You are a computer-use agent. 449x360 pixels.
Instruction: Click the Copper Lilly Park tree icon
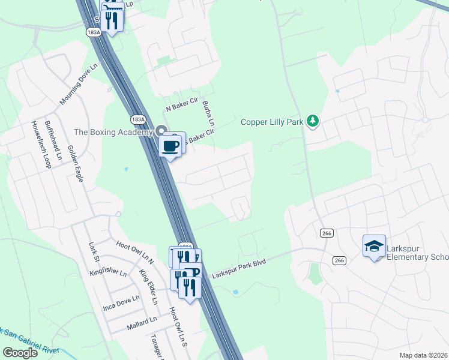(312, 122)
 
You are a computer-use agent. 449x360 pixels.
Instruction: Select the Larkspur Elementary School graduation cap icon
(374, 246)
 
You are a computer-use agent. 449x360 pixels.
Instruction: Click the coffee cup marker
(172, 145)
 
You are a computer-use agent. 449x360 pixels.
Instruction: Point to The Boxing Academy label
(113, 132)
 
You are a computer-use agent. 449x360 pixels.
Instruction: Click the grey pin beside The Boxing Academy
(161, 131)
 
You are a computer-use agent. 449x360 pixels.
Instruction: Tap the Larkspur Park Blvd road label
(239, 269)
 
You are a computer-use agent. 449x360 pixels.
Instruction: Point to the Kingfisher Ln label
(108, 273)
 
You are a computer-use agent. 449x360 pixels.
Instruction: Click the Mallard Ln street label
(142, 326)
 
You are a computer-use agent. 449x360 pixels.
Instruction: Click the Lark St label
(93, 252)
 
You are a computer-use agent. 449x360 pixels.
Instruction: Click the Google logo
(20, 352)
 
